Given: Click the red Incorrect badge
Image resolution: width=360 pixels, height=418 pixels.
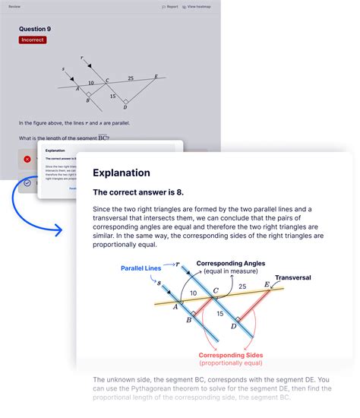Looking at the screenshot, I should (33, 40).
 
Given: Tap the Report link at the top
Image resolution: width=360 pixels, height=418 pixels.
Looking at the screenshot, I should (170, 6).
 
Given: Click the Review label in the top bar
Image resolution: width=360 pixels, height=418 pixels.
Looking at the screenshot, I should (14, 6).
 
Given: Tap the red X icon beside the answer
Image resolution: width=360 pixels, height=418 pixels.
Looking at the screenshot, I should (27, 159).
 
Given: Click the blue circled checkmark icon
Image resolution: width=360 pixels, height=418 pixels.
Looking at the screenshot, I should (27, 182).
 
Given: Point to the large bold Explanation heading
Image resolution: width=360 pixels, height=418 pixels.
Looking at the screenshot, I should (122, 173).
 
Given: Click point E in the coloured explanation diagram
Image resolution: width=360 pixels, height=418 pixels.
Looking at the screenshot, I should (267, 284).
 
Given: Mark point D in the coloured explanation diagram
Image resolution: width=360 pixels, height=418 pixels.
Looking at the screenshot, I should (234, 325).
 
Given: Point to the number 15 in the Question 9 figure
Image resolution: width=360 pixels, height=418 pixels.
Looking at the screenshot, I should (112, 96).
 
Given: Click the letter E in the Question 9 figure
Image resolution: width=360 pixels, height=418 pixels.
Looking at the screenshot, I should (156, 76).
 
